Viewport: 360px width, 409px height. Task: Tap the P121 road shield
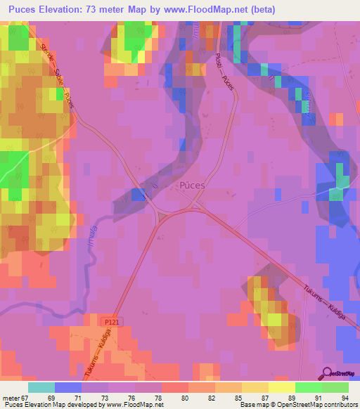click(105, 320)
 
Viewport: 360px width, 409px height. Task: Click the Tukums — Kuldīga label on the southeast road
click(320, 301)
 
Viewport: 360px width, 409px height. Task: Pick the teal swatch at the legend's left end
click(41, 387)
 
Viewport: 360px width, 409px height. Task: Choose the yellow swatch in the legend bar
click(282, 387)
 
